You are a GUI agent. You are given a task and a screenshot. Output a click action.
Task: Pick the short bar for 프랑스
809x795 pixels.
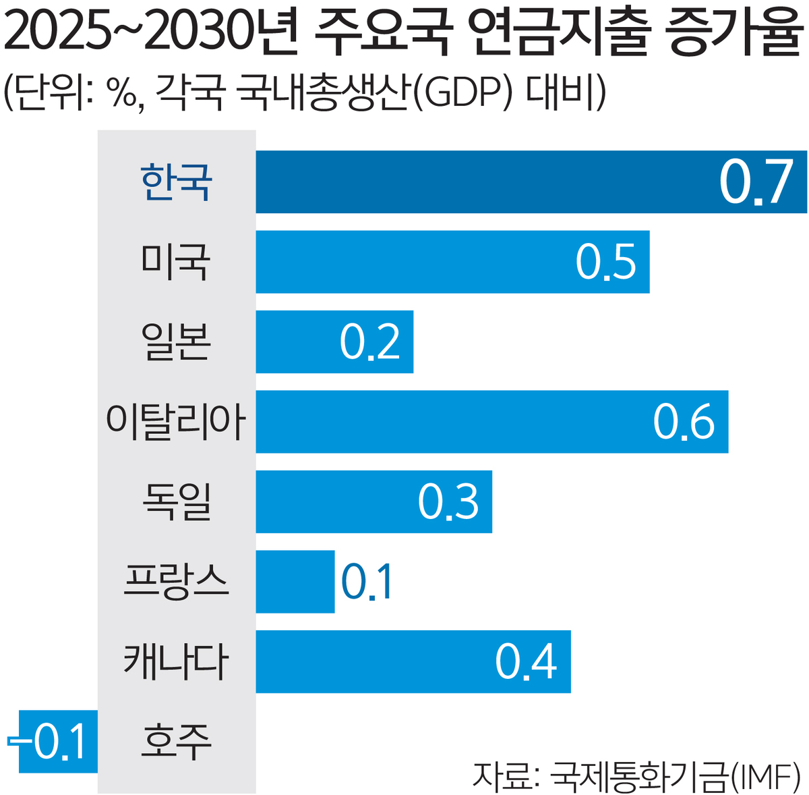[295, 582]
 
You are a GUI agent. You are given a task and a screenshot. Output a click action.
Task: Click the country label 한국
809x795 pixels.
[177, 182]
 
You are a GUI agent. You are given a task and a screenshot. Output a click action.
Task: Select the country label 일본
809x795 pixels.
[177, 341]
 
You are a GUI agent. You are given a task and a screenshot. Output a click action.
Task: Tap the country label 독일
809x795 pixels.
[177, 501]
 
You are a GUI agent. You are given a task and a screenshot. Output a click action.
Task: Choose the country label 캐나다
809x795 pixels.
[177, 661]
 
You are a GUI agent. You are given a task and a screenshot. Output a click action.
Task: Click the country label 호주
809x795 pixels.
[177, 741]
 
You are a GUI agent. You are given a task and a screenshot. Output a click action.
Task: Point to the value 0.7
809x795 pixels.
[755, 183]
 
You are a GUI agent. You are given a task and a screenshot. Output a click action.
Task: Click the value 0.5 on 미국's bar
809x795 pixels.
[606, 263]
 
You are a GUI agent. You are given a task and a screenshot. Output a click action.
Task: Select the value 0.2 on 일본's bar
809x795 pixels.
[370, 342]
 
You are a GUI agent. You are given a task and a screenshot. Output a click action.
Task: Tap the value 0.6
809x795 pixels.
[684, 422]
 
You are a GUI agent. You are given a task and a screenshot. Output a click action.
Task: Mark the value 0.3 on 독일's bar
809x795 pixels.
[448, 502]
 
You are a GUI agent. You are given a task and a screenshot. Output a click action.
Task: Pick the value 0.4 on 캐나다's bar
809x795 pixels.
[527, 662]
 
